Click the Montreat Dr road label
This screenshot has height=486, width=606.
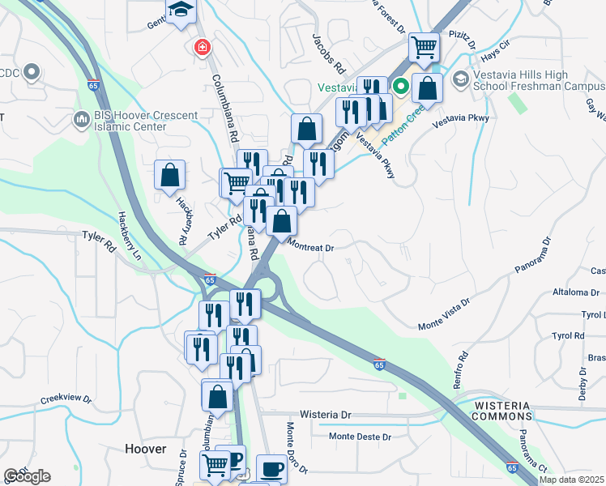pyautogui.click(x=311, y=248)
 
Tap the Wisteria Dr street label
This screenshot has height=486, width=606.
pyautogui.click(x=325, y=414)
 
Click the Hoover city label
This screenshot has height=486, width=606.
pyautogui.click(x=146, y=449)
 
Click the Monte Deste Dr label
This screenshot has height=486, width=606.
pyautogui.click(x=360, y=437)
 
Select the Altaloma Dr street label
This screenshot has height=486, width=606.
pyautogui.click(x=573, y=291)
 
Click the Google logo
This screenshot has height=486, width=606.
pyautogui.click(x=27, y=476)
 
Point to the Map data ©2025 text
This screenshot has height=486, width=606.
pyautogui.click(x=570, y=480)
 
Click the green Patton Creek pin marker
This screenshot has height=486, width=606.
pyautogui.click(x=400, y=85)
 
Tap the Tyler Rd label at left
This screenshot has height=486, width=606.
pyautogui.click(x=99, y=237)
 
